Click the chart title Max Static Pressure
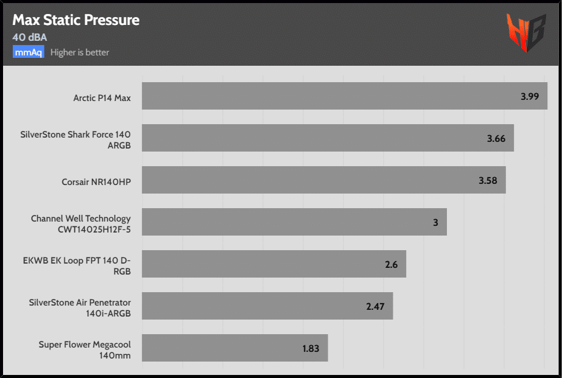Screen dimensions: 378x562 coord(76,20)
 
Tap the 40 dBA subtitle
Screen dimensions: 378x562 coord(30,37)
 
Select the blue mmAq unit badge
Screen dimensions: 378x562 coord(29,52)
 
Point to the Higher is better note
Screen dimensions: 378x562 coord(80,52)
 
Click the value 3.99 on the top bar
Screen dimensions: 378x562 coord(530,96)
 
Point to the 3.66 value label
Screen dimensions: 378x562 coord(496,138)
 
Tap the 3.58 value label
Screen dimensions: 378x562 coord(488,180)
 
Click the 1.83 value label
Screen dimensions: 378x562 coord(311,349)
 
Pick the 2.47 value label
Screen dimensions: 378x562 coord(375,306)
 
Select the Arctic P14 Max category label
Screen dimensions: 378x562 coord(102,97)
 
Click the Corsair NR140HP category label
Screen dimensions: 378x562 coord(96,181)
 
